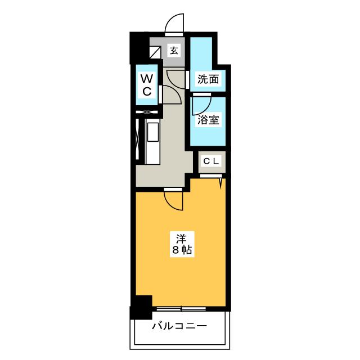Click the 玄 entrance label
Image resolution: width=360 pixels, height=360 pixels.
pyautogui.click(x=174, y=51)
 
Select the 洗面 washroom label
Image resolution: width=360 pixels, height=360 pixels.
pyautogui.click(x=208, y=79)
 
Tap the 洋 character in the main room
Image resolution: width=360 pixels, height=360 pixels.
pyautogui.click(x=180, y=237)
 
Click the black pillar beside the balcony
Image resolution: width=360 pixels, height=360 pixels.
pyautogui.click(x=141, y=307)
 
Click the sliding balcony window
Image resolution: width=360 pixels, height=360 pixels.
pyautogui.click(x=181, y=308)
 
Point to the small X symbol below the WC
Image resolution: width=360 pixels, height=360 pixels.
pyautogui.click(x=148, y=112)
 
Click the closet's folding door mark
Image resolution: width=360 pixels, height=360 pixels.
pyautogui.click(x=220, y=182)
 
